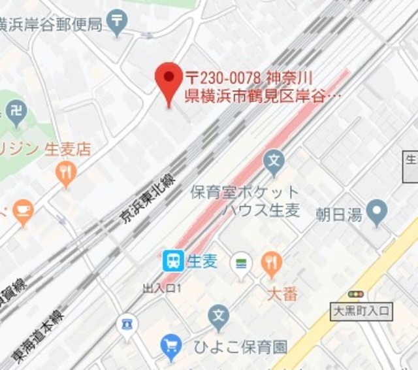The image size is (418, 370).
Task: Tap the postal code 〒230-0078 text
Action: tap(225, 76)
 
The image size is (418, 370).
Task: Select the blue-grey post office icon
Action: tap(117, 22)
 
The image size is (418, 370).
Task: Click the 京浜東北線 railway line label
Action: tap(149, 192)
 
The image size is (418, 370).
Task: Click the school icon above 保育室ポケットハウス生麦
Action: tap(275, 160)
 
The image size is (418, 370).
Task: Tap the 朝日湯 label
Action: tap(338, 213)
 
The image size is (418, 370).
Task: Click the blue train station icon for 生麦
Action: tap(173, 262)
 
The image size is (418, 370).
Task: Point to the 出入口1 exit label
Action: tap(162, 288)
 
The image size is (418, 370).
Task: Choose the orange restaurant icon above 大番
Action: tap(271, 263)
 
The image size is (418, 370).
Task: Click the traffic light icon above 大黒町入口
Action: tap(355, 295)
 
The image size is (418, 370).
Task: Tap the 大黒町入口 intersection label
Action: tap(361, 312)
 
